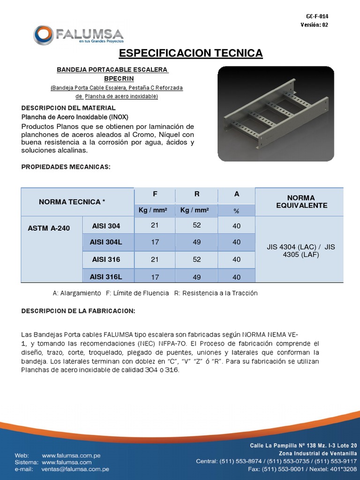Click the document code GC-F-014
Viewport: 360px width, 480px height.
[317, 16]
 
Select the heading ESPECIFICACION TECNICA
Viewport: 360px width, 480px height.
[191, 53]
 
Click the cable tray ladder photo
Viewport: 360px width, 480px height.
[276, 114]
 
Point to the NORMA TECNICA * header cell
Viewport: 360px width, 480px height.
[72, 202]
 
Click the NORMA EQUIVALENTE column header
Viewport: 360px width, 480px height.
[301, 202]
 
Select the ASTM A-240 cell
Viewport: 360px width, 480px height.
[49, 228]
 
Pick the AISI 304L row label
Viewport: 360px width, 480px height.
[106, 242]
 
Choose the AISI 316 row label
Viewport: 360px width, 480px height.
[106, 259]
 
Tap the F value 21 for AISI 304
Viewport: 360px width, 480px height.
[155, 225]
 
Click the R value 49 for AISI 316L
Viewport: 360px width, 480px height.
[196, 277]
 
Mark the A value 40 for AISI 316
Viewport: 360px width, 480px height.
[236, 260]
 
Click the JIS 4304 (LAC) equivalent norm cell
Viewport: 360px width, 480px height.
[300, 250]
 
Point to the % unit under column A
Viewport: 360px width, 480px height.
[236, 211]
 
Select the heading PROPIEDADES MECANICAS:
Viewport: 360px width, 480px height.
[66, 167]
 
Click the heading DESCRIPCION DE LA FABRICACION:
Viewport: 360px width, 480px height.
[79, 311]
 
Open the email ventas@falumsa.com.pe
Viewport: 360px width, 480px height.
[75, 469]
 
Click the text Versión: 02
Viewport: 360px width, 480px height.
[314, 25]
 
